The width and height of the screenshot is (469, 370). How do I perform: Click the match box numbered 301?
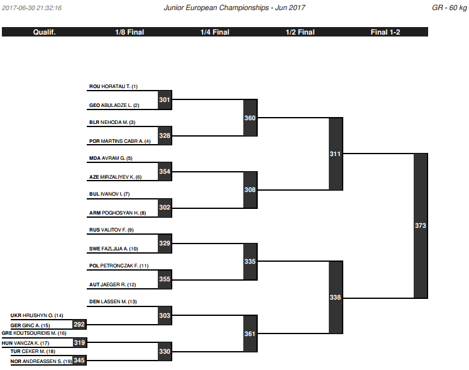pos(165,100)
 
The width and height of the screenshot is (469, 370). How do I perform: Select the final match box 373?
pos(421,226)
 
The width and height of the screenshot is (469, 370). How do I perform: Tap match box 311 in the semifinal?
pos(336,154)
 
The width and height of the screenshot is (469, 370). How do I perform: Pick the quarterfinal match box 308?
pos(250,190)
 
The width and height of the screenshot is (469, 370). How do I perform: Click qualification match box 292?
pos(80,325)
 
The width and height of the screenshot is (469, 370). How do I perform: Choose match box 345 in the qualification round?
pos(80,361)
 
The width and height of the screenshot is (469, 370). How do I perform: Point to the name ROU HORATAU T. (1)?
pos(113,86)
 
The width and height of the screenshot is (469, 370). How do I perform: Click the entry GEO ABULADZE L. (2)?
pos(114,105)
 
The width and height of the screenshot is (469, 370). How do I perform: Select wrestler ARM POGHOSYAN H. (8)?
pos(118,213)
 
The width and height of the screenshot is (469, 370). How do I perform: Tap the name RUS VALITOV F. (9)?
pos(111,230)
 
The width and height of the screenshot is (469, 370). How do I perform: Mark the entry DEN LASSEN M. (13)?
pos(113,302)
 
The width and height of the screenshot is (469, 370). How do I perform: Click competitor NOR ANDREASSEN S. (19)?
pos(41,361)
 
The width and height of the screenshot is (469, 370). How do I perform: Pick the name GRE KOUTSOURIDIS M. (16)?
pos(34,333)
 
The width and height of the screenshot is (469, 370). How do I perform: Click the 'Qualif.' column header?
pos(44,32)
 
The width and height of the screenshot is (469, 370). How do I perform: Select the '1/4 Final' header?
pos(215,32)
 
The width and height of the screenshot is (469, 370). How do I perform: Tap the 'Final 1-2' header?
pos(385,32)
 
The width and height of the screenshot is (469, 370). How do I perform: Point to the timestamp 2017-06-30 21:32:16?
pos(31,8)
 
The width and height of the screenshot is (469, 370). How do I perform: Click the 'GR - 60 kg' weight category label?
pos(450,8)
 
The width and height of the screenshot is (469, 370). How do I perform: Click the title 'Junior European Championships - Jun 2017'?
pos(234,8)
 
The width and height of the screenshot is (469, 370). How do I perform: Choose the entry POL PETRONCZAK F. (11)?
pos(119,266)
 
